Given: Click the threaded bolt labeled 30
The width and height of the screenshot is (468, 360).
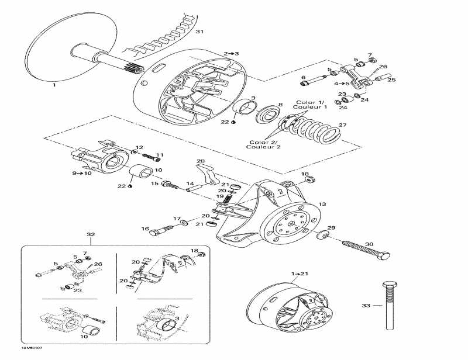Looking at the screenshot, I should coord(362,247).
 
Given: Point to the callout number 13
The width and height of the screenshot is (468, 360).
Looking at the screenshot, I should coord(322,205).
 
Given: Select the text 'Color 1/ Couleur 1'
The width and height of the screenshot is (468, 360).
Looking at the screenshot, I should coord(311,105).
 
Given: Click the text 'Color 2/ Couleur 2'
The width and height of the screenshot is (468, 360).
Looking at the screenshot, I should coord(265,144).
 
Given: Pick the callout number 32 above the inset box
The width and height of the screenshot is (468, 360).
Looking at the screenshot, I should coord(91,234).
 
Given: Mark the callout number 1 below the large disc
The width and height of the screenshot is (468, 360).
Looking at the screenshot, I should coord(54,85).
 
